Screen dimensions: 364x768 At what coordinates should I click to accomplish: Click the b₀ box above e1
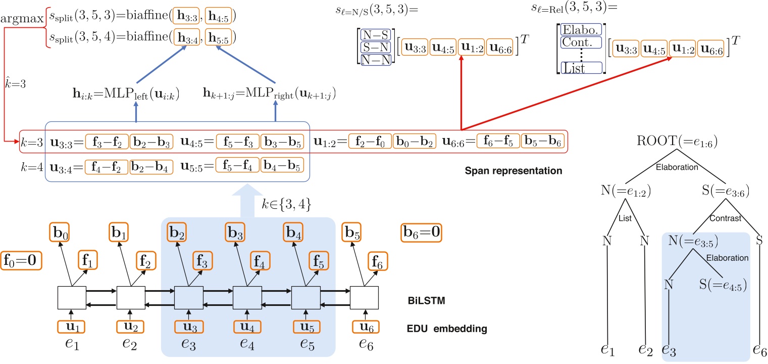point(60,234)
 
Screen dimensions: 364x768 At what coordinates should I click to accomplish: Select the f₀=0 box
point(21,260)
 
